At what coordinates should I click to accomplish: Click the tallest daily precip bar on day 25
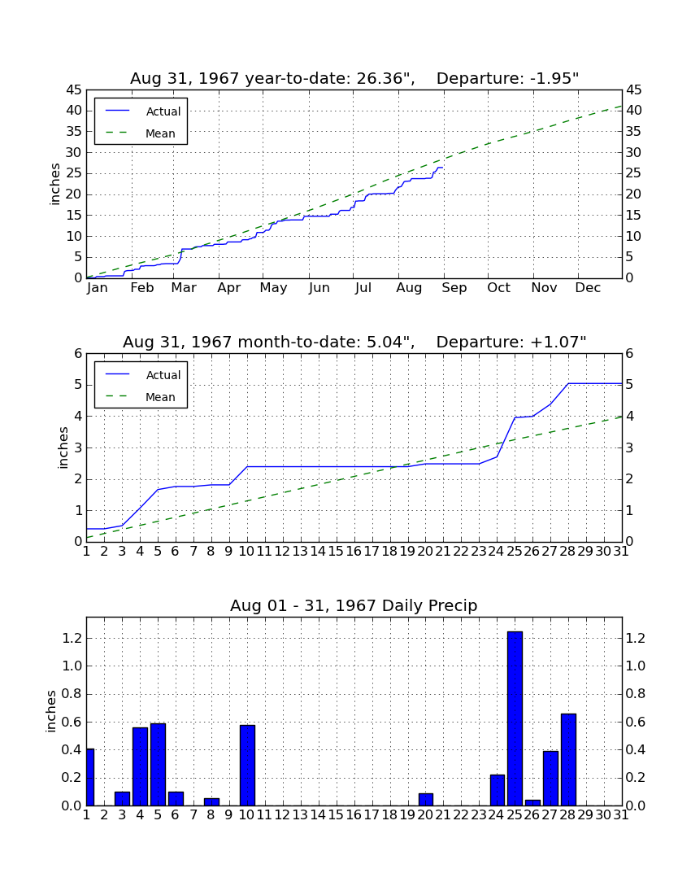click(x=515, y=718)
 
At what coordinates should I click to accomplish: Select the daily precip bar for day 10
click(x=247, y=766)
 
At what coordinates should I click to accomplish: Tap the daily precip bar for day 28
click(x=568, y=760)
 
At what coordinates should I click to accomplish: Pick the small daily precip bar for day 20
click(x=426, y=800)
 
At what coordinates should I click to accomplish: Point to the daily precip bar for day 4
click(x=141, y=766)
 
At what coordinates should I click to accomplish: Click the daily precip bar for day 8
click(x=211, y=802)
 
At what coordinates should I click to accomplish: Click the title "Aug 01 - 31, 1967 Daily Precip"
click(x=354, y=605)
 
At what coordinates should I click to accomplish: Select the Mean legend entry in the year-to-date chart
click(x=141, y=133)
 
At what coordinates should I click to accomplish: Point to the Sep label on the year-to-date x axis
click(x=454, y=288)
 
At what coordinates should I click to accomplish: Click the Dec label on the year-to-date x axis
click(x=588, y=288)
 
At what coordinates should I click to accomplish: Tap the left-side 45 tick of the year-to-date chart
click(x=75, y=90)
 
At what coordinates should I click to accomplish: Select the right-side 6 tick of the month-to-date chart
click(x=629, y=353)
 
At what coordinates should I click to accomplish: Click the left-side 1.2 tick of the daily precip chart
click(x=72, y=638)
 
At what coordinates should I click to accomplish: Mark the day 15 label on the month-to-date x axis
click(x=337, y=552)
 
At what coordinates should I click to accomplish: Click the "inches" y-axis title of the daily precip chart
click(x=51, y=711)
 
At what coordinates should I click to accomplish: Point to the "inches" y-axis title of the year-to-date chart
click(x=54, y=184)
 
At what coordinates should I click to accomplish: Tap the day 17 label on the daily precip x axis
click(x=372, y=815)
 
